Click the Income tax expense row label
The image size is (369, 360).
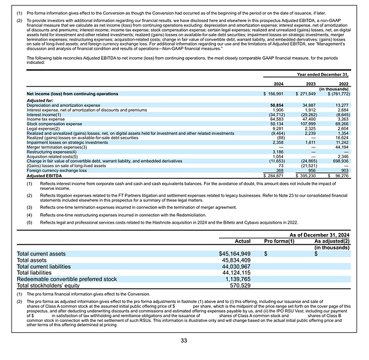point(47,119)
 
